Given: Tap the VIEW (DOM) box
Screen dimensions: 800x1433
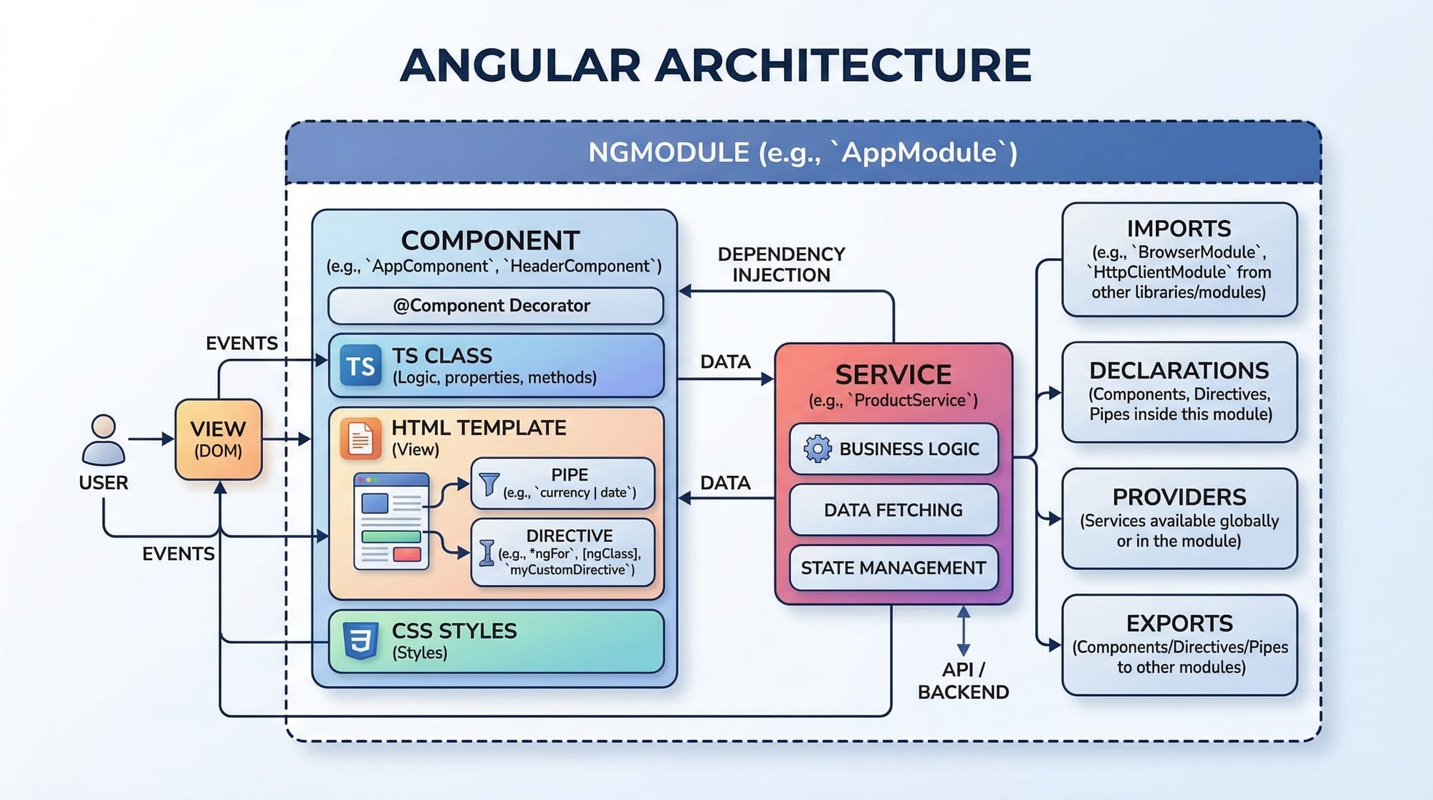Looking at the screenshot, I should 219,439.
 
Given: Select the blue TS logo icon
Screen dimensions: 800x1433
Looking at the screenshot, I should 360,366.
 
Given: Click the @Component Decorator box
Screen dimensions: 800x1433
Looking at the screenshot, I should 495,306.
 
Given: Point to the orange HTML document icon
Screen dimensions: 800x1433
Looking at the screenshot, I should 360,438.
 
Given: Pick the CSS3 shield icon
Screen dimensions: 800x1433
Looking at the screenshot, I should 360,640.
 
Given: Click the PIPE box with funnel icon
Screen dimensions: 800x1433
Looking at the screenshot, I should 562,484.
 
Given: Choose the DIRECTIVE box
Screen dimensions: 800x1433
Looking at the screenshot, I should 562,552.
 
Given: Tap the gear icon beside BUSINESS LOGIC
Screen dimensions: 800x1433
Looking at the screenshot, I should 817,449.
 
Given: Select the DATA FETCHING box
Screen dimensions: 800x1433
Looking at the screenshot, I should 893,510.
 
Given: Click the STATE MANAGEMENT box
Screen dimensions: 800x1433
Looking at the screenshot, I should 893,568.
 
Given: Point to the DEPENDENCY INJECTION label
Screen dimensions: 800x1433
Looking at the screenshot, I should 781,265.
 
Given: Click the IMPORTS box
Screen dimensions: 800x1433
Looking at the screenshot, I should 1179,259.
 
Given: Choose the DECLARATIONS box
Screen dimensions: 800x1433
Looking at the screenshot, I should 1179,392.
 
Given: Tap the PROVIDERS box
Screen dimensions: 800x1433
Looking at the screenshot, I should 1179,518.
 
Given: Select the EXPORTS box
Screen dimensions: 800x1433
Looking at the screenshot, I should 1179,644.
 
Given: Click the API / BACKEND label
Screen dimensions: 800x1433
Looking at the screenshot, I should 963,680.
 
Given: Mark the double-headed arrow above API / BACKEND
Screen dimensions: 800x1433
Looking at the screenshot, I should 964,631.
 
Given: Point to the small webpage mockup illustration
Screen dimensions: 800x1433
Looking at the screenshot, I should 391,521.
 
